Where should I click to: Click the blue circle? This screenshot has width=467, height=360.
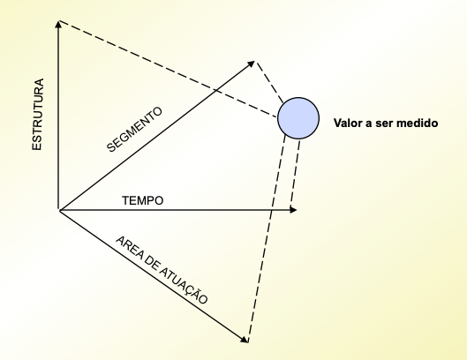[298, 118]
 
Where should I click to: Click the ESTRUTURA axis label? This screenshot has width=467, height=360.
[38, 115]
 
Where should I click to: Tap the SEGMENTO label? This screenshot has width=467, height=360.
[134, 130]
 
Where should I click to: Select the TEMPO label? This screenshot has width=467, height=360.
[143, 200]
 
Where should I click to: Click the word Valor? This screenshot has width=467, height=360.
[345, 123]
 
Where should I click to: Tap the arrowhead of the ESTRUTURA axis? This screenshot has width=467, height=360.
[58, 24]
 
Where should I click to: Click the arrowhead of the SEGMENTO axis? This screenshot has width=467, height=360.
[251, 64]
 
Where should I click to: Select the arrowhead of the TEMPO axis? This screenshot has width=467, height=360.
[293, 210]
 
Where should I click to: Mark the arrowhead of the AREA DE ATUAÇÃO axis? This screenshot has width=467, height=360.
[245, 340]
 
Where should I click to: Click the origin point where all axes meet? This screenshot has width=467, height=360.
[59, 210]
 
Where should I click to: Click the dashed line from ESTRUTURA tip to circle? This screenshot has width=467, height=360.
[169, 69]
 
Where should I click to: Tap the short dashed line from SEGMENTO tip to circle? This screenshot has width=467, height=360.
[269, 82]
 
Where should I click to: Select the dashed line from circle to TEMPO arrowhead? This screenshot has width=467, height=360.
[295, 174]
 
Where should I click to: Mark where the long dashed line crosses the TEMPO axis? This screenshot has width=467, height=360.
[271, 210]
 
